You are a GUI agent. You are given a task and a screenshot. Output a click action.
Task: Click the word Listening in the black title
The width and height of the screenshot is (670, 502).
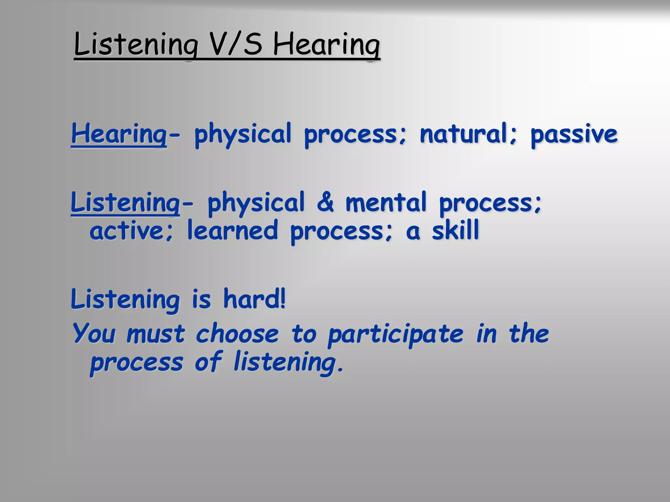(136, 45)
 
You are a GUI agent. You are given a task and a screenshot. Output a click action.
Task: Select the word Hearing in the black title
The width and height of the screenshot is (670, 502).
(326, 45)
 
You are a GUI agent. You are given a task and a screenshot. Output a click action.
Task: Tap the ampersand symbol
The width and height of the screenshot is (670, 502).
(326, 202)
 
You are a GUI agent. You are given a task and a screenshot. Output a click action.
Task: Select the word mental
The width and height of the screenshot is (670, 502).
(386, 202)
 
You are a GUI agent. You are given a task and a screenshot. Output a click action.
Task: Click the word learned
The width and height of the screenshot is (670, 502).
(233, 230)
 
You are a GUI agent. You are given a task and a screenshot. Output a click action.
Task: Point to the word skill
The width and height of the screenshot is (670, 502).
(455, 230)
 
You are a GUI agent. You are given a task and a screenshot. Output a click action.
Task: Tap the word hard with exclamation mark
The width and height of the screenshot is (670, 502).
(255, 299)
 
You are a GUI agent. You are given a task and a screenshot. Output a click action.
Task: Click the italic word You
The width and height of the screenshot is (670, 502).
(94, 333)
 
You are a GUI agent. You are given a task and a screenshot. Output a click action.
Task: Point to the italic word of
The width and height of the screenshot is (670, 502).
(208, 361)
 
